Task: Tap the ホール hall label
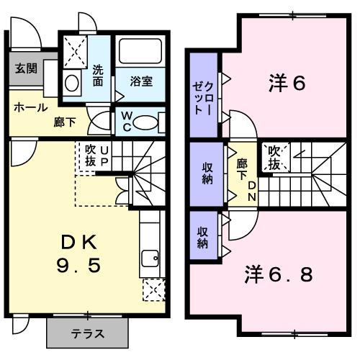(x=30, y=107)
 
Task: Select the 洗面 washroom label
(x=98, y=76)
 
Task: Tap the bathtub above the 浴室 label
(x=141, y=51)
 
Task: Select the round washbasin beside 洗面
(x=72, y=82)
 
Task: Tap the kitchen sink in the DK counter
(x=151, y=257)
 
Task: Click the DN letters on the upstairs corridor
(x=252, y=191)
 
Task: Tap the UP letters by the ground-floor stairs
(x=104, y=156)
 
